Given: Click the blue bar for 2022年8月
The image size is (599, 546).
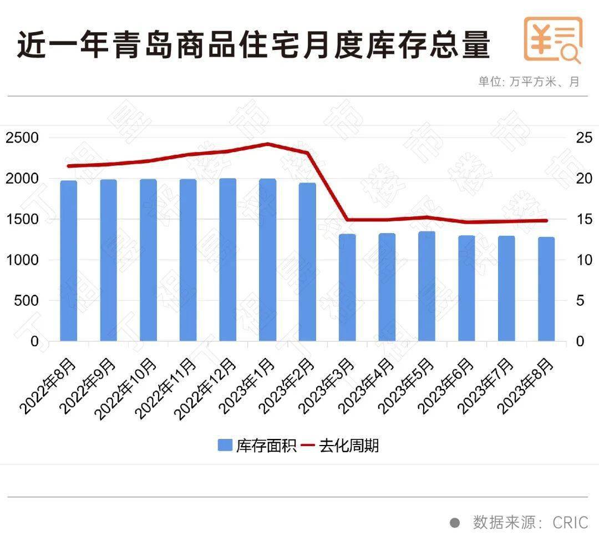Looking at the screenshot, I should click(69, 261).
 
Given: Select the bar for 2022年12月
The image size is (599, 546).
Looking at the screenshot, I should click(228, 260).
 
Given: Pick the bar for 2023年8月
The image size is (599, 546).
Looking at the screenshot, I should click(546, 289).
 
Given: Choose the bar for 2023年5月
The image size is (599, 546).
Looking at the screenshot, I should click(427, 286).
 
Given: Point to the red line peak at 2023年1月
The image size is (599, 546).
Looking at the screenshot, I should click(267, 144).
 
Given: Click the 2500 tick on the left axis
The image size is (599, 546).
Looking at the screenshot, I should click(23, 138).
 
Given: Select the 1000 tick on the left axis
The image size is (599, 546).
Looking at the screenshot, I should click(23, 260).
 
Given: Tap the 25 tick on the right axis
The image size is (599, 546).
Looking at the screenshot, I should click(583, 138).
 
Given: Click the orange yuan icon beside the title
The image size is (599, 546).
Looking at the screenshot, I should click(553, 40).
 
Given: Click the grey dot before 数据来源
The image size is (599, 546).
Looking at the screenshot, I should click(455, 523).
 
